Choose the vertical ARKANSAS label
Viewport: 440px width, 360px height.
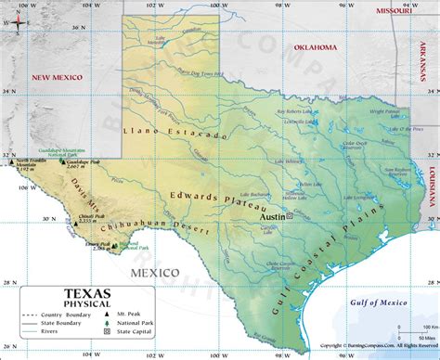click(x=433, y=68)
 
